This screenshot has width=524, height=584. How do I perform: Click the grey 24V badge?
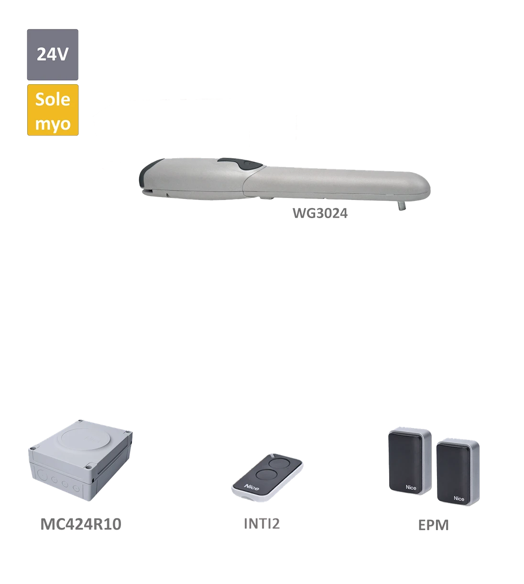click(53, 54)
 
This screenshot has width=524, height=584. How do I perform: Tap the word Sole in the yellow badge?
click(53, 99)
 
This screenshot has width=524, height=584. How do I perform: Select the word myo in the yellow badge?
click(53, 123)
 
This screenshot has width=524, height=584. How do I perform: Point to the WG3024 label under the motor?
click(320, 213)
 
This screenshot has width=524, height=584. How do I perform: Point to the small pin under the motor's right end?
click(400, 205)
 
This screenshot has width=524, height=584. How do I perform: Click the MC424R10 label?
click(81, 524)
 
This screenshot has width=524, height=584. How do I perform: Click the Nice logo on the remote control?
click(251, 486)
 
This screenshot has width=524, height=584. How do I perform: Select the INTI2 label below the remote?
click(262, 524)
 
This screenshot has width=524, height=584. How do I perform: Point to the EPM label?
click(434, 524)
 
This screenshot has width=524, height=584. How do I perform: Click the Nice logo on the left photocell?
click(411, 487)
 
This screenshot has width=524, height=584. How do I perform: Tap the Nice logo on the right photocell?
click(458, 499)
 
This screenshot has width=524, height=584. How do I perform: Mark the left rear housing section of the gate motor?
click(196, 179)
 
